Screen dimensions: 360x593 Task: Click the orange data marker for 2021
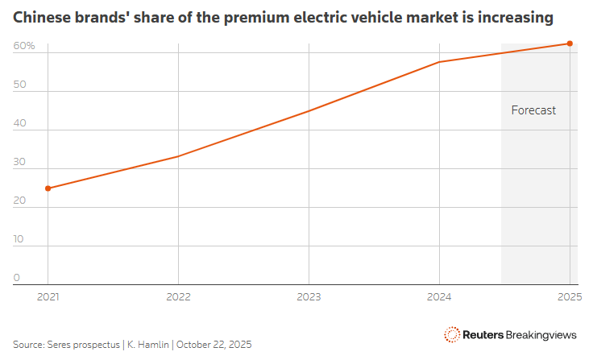coord(48,188)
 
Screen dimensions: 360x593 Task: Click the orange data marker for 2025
coord(570,43)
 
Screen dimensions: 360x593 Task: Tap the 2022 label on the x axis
coord(178,296)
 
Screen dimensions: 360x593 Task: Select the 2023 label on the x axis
coord(309,296)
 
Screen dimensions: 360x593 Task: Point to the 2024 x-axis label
coord(438,296)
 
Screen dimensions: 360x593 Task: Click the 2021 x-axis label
coord(48,296)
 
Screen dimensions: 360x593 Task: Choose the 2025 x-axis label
coord(569,296)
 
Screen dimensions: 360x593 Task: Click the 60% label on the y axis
coord(24,47)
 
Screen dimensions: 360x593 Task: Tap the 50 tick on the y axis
coord(20,85)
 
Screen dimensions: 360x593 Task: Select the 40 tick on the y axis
coord(20,124)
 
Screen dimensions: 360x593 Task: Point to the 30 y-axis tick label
coord(20,163)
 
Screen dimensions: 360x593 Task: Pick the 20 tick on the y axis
coord(20,201)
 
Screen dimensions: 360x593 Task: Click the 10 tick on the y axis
coord(20,240)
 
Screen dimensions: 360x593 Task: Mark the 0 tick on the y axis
coord(17,278)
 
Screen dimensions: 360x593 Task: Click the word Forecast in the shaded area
coord(533,110)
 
